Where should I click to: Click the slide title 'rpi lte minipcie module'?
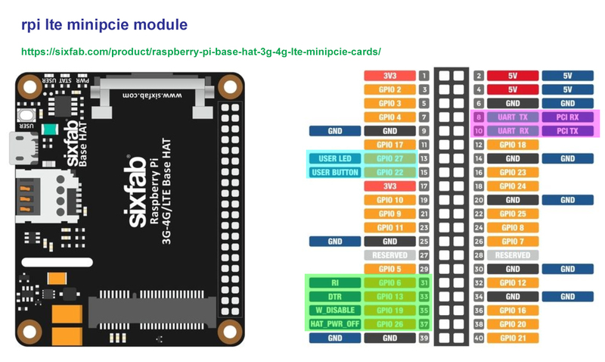click(104, 25)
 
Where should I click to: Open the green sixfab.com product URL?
click(200, 52)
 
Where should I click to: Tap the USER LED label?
click(335, 158)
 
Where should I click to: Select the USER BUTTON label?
click(335, 172)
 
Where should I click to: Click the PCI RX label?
click(567, 117)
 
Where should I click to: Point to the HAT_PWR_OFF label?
click(335, 323)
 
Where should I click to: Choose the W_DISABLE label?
click(335, 310)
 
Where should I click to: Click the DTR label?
click(335, 296)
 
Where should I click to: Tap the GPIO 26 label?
click(389, 323)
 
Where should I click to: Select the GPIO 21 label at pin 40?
click(513, 337)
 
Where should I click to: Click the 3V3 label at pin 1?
click(389, 76)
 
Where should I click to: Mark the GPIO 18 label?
click(513, 145)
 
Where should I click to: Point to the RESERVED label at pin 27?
click(389, 255)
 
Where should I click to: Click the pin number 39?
click(424, 337)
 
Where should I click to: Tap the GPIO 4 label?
click(389, 117)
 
